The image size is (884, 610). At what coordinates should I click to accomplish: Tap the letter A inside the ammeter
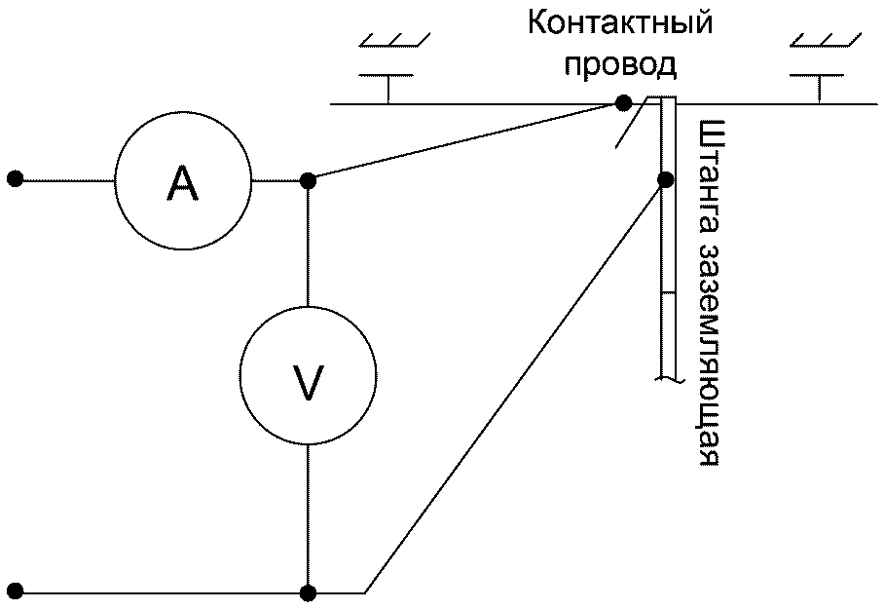[183, 182]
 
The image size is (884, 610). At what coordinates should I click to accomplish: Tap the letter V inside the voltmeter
[308, 383]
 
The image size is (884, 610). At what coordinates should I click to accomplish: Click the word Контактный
[620, 24]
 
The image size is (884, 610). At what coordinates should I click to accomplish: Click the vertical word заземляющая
[709, 356]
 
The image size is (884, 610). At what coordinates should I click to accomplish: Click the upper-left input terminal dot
[16, 179]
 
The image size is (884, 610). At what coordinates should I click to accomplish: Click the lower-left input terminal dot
[16, 591]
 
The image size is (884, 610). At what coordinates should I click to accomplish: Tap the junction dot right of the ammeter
[308, 180]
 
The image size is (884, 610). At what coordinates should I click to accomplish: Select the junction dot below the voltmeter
[308, 592]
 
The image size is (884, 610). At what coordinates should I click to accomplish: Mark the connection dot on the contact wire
[623, 103]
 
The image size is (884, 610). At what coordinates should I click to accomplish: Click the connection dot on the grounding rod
[666, 179]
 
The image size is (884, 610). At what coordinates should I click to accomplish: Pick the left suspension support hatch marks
[394, 40]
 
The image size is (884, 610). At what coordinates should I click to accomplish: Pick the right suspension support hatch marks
[826, 40]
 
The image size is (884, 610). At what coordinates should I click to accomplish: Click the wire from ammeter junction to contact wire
[465, 141]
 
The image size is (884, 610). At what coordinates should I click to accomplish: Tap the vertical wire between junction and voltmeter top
[308, 244]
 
